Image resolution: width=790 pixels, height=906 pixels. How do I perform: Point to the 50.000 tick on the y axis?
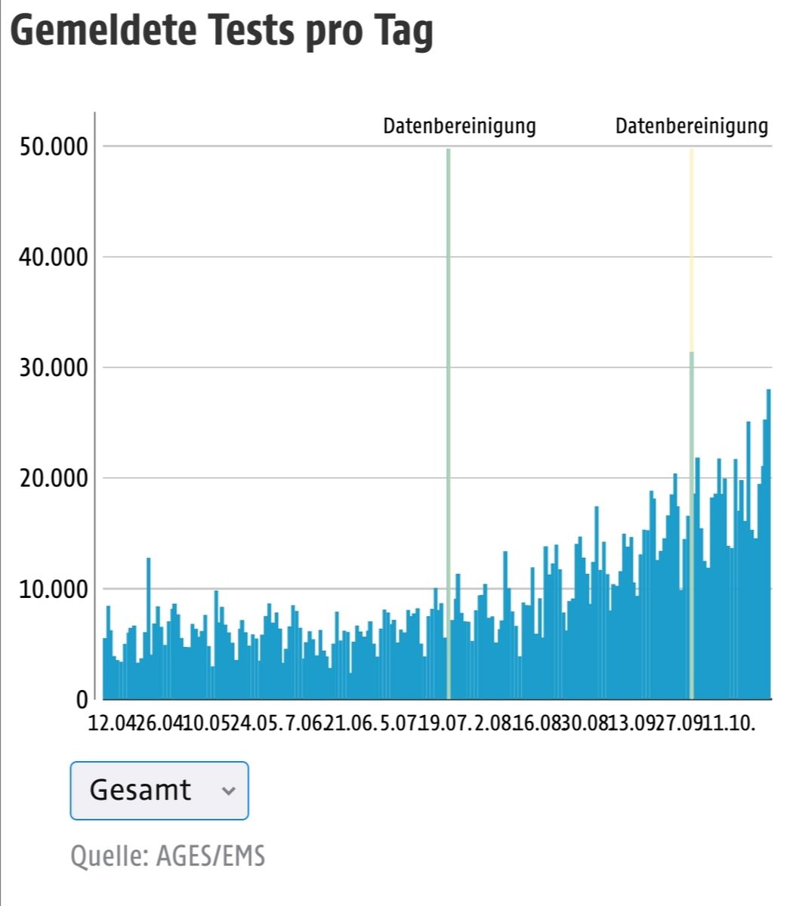pyautogui.click(x=52, y=146)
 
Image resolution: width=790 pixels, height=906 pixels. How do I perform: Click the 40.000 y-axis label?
pyautogui.click(x=52, y=257)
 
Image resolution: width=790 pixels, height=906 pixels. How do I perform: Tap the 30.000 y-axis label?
pyautogui.click(x=52, y=368)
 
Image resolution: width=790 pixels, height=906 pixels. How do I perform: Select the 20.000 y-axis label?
pyautogui.click(x=52, y=479)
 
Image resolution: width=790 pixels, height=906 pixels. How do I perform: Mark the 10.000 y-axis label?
pyautogui.click(x=52, y=589)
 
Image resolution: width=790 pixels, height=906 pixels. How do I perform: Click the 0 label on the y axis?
pyautogui.click(x=82, y=700)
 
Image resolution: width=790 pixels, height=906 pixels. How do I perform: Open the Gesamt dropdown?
pyautogui.click(x=159, y=790)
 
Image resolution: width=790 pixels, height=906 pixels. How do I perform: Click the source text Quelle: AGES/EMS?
pyautogui.click(x=168, y=856)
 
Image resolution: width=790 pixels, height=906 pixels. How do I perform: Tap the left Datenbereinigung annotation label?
pyautogui.click(x=459, y=126)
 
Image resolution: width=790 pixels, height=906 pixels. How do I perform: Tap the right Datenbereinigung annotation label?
pyautogui.click(x=691, y=126)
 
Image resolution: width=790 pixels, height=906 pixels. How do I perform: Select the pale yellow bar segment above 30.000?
pyautogui.click(x=691, y=249)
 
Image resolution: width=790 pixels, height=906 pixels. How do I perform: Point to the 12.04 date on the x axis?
pyautogui.click(x=110, y=723)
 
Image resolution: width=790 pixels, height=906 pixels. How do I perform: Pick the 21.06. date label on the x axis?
pyautogui.click(x=348, y=723)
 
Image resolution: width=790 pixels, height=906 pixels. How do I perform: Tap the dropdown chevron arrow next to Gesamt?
pyautogui.click(x=228, y=791)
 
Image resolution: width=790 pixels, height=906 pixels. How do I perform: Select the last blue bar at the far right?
pyautogui.click(x=769, y=544)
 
